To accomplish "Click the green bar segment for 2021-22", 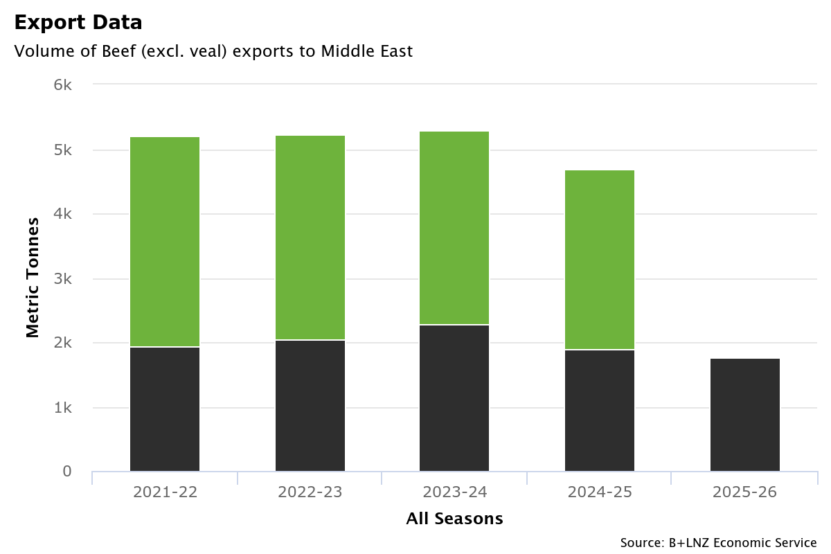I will point(165,242).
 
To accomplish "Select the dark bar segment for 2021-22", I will point(165,409).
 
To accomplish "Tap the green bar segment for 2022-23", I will point(310,238).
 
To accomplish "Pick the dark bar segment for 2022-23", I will point(310,405).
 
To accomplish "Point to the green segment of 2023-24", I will point(454,228).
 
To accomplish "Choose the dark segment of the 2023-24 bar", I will point(454,398).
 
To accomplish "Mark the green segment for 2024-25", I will point(600,260).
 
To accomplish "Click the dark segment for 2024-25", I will point(600,411).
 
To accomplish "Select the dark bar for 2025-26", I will point(745,415).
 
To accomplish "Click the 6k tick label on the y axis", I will point(62,84).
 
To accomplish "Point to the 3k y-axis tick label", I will point(62,278).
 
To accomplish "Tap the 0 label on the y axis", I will point(67,472).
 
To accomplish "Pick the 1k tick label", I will point(62,407).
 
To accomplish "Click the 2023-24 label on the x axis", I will point(455,492).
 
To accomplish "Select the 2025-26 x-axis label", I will point(745,492).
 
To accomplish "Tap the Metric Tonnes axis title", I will point(33,277).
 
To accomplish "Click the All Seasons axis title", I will point(454,519).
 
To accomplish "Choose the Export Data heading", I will point(78,22).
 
